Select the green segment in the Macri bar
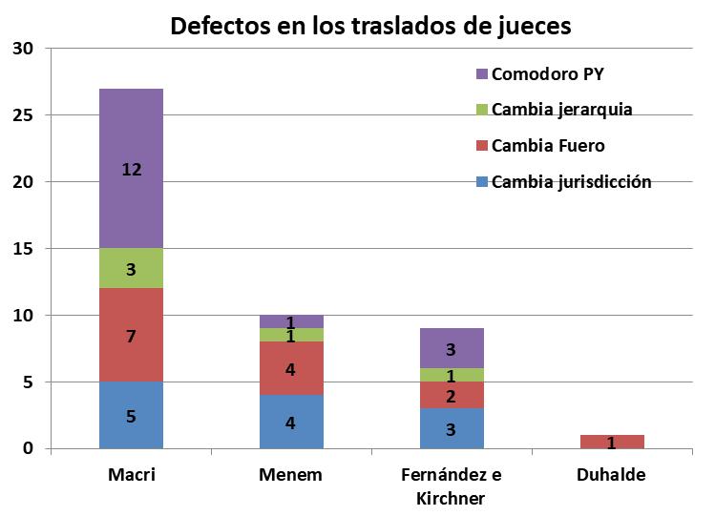point(131,269)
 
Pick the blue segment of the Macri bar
point(131,416)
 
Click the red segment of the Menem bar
point(291,368)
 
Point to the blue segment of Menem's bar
point(291,422)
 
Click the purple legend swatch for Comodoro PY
point(481,73)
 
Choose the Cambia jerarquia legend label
point(561,109)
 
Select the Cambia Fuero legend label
point(548,145)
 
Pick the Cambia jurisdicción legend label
point(571,181)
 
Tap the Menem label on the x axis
point(291,475)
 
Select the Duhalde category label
point(613,475)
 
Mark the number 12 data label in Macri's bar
point(131,170)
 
